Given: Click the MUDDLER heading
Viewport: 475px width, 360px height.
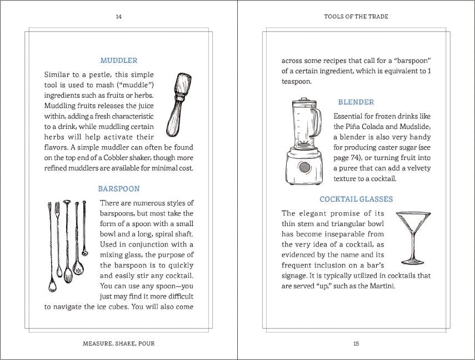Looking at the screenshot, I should click(118, 61).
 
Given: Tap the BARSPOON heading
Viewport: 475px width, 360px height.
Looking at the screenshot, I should click(118, 189).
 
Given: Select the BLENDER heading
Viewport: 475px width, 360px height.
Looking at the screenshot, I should click(356, 102).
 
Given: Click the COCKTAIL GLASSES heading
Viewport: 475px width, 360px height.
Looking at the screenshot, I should click(356, 199).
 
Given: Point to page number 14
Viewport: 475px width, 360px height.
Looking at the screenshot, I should click(118, 17).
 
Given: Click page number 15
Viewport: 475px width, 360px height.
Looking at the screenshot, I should click(356, 343).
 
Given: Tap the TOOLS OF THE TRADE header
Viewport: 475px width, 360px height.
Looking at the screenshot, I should click(356, 17).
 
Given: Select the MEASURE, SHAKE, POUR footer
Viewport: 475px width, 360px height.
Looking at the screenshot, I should click(118, 343).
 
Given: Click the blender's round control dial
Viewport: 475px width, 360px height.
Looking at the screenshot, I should click(304, 167).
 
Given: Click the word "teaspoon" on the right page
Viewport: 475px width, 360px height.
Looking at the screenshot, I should click(296, 81).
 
